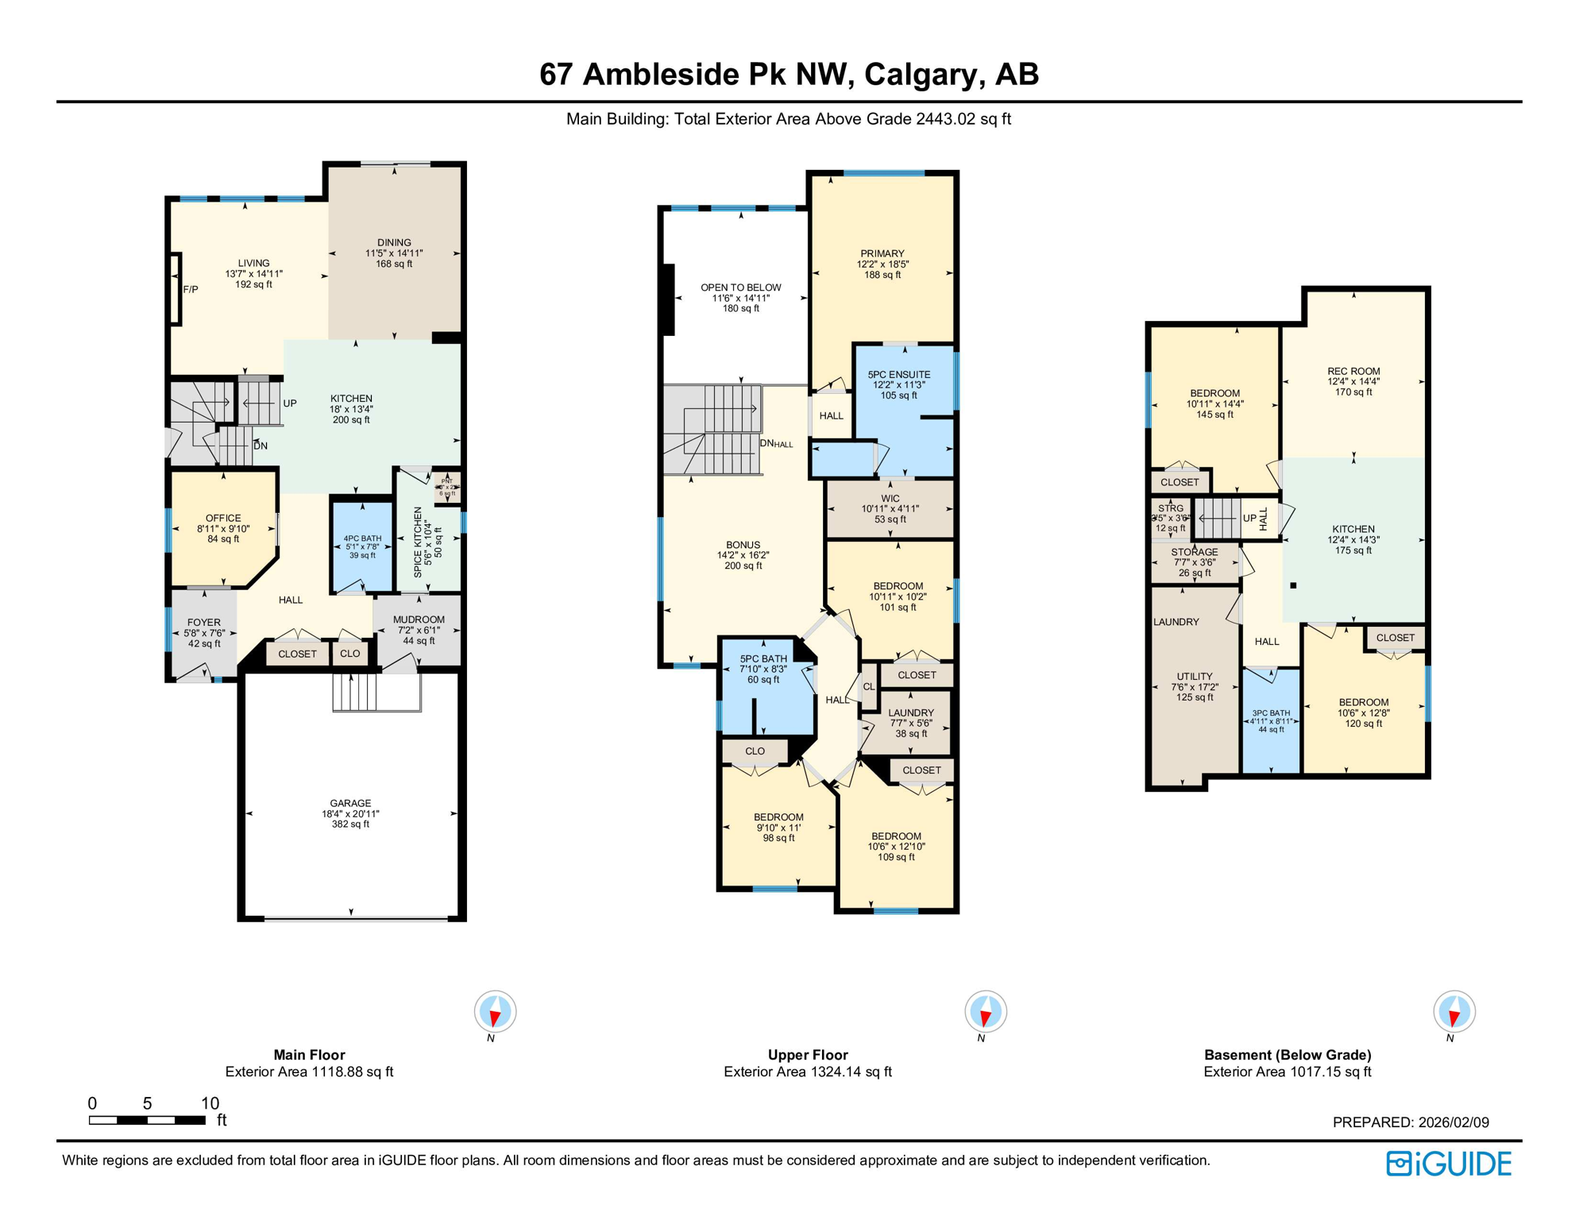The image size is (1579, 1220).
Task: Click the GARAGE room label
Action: click(350, 803)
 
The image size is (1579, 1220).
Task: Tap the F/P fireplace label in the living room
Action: click(191, 290)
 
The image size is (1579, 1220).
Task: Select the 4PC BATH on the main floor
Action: click(362, 539)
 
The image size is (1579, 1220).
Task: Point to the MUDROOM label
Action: click(419, 620)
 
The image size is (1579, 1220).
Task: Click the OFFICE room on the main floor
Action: click(223, 518)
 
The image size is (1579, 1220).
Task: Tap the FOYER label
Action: click(204, 623)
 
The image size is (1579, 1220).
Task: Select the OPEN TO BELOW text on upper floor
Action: click(740, 288)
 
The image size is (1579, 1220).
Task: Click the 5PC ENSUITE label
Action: click(898, 374)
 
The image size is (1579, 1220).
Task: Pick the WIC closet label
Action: click(890, 499)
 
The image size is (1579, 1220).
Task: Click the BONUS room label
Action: click(743, 545)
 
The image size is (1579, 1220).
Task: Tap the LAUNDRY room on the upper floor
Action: click(910, 713)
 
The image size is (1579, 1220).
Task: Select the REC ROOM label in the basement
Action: click(1353, 371)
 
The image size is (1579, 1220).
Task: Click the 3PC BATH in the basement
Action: click(1271, 713)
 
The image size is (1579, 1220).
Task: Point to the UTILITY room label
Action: click(1195, 677)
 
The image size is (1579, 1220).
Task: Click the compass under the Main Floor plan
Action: click(495, 1011)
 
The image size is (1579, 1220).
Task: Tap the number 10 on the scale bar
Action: click(210, 1102)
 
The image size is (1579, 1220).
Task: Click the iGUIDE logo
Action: click(1449, 1164)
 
